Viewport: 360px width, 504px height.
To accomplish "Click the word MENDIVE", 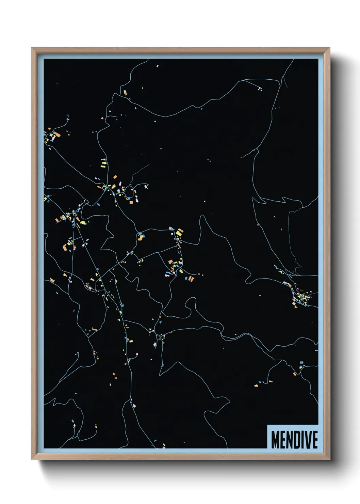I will pos(294,439).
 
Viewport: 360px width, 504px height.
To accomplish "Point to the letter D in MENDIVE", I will pos(296,439).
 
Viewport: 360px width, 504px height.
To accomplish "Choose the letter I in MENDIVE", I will pos(302,439).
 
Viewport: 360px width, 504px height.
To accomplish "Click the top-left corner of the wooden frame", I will pos(32,48).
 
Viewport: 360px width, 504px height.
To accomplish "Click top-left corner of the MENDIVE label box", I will pos(267,425).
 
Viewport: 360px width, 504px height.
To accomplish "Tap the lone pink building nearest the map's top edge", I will pos(157,66).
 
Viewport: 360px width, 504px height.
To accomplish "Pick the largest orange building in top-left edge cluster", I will pos(58,135).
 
